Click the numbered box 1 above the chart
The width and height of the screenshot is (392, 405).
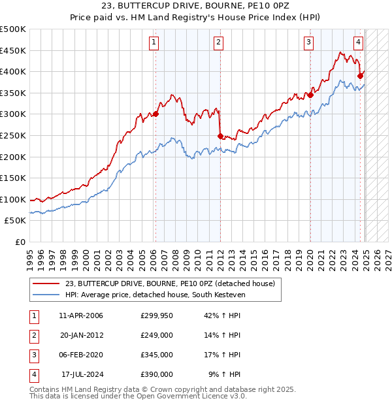pos(154,43)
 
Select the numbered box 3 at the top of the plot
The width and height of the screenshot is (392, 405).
pos(308,43)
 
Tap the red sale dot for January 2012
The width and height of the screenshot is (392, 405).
pos(220,136)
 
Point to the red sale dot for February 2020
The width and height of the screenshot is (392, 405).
pos(310,95)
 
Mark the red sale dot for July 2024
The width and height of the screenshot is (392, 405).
pos(360,76)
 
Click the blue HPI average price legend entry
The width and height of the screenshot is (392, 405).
pos(153,295)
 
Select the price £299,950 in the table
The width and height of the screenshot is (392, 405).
pos(157,316)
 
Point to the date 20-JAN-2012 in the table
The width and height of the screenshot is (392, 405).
pos(81,335)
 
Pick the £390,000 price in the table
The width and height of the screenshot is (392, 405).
pos(157,374)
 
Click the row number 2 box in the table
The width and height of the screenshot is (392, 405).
pos(33,335)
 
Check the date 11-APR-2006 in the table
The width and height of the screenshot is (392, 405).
pos(81,316)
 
